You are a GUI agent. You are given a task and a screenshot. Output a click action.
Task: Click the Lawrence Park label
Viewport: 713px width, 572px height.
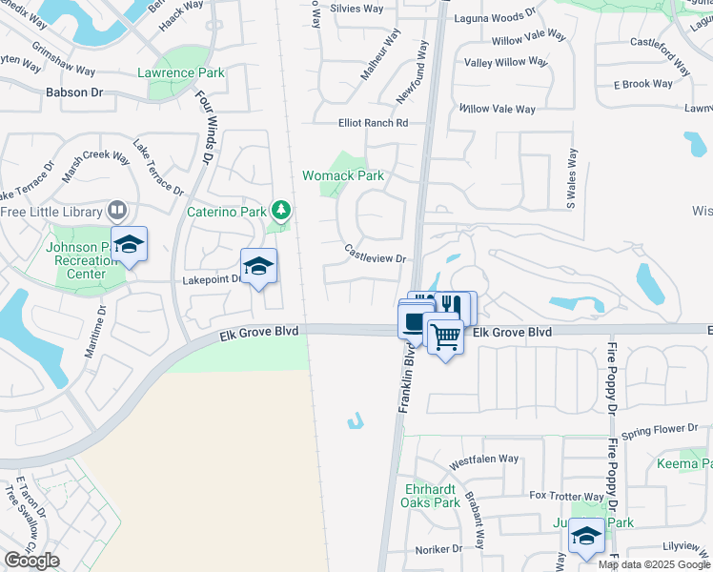pyautogui.click(x=181, y=72)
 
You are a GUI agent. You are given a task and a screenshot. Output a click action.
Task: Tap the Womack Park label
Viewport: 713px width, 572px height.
pyautogui.click(x=343, y=175)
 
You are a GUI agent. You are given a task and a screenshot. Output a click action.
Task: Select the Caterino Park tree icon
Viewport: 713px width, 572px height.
pyautogui.click(x=280, y=209)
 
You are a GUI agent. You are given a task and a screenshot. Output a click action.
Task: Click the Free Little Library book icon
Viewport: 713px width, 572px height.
pyautogui.click(x=117, y=209)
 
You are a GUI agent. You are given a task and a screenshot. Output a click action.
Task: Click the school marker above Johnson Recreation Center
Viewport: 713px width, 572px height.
pyautogui.click(x=129, y=245)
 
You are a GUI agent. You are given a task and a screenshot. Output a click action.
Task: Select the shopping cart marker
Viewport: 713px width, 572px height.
pyautogui.click(x=445, y=336)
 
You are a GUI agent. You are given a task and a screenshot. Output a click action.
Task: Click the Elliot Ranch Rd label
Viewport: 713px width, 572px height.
pyautogui.click(x=373, y=123)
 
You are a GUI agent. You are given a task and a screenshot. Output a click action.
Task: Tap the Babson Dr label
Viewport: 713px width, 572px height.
pyautogui.click(x=73, y=92)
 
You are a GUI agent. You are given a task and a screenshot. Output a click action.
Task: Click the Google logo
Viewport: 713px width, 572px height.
pyautogui.click(x=32, y=561)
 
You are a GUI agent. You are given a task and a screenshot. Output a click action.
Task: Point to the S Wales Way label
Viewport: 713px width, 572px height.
pyautogui.click(x=571, y=179)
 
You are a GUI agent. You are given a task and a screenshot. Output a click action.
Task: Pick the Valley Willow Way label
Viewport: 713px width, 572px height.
pyautogui.click(x=506, y=62)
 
